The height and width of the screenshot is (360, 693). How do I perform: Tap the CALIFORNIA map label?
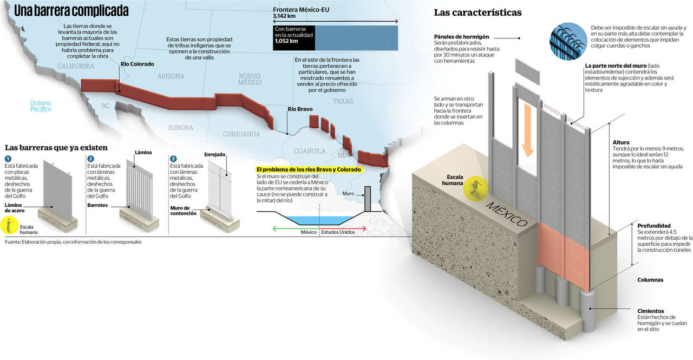[x=76, y=66]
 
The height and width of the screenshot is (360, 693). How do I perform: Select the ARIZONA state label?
[x=171, y=76]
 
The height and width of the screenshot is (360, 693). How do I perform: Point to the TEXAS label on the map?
[x=343, y=101]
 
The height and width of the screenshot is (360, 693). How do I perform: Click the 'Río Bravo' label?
[x=300, y=109]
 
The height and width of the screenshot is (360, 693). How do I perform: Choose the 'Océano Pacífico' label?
[x=41, y=106]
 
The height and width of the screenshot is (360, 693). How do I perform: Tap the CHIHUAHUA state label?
[x=241, y=134]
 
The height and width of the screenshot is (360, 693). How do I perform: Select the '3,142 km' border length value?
[x=285, y=17]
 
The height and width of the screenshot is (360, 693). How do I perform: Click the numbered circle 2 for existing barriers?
[x=90, y=159]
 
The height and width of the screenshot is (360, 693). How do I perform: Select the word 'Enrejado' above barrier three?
[x=214, y=154]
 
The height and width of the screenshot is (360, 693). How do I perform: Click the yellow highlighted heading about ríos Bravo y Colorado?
[x=309, y=169]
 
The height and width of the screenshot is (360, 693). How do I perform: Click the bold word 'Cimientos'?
[x=650, y=311]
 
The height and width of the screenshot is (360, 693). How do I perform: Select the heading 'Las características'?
[x=478, y=12]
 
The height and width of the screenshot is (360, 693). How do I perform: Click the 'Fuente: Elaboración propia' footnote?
[x=73, y=242]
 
